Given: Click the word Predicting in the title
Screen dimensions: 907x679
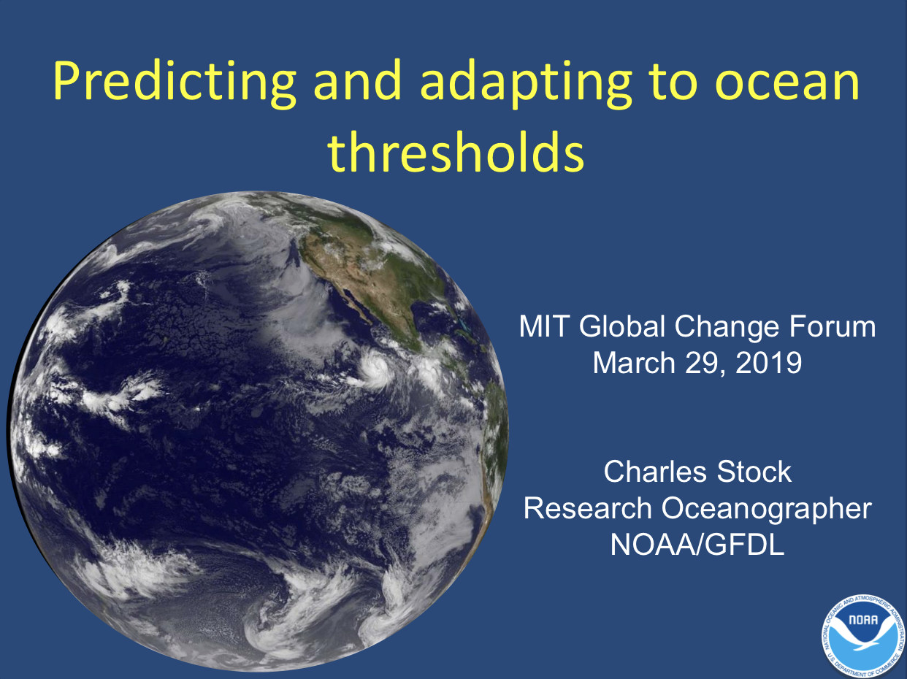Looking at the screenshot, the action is click(175, 83).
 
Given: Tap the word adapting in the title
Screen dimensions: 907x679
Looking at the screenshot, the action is click(526, 83).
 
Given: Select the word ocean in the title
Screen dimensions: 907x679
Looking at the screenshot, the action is click(787, 85).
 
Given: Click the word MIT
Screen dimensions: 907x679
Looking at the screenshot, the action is click(545, 326).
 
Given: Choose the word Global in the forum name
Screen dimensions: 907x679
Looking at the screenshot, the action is click(622, 326).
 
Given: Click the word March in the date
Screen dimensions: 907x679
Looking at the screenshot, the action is click(634, 363).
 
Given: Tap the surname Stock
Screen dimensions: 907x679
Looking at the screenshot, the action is click(754, 472).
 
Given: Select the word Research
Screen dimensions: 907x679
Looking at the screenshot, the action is click(588, 508).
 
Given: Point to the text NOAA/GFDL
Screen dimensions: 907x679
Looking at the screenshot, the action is click(697, 545).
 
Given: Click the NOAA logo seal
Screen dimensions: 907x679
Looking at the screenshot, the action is click(863, 637).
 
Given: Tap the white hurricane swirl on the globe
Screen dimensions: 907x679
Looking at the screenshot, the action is click(375, 369).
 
